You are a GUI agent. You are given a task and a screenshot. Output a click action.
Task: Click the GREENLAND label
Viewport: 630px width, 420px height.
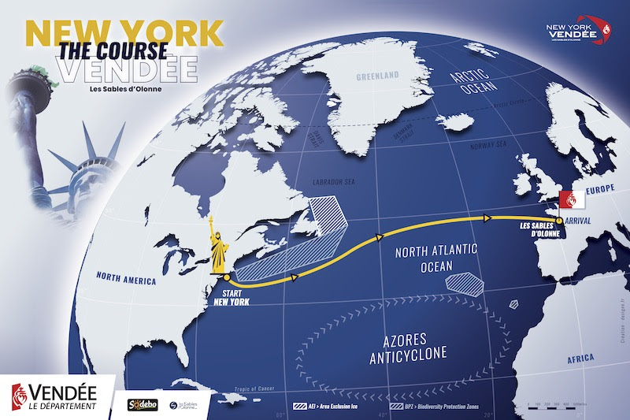coord(378,77)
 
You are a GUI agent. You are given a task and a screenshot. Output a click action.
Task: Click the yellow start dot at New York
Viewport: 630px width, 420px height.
coord(226,277)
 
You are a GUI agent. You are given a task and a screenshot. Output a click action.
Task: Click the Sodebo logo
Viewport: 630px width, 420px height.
coord(144,404)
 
